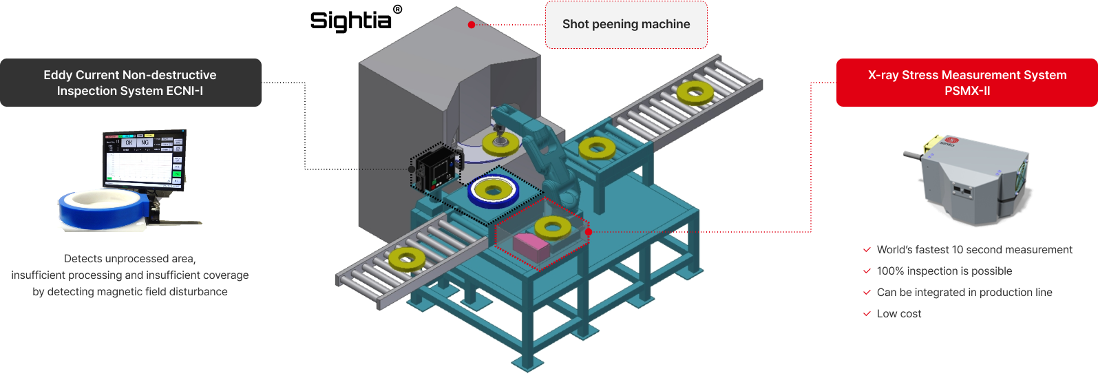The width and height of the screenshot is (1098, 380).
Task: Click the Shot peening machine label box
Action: click(x=626, y=25)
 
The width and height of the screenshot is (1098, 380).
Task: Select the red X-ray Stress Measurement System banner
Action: click(x=967, y=83)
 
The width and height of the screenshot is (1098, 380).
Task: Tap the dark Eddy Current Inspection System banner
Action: click(x=130, y=83)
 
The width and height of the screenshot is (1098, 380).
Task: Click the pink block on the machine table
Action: click(x=530, y=245)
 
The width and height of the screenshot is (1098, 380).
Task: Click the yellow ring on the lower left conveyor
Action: click(x=407, y=259)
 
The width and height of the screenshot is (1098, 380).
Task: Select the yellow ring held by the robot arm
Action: click(x=500, y=142)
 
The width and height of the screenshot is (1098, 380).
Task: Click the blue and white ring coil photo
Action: click(x=103, y=208)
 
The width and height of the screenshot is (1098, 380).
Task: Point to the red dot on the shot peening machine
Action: click(x=471, y=25)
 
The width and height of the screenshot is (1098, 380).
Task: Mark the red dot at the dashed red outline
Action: click(x=589, y=232)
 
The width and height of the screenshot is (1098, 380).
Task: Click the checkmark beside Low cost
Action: click(x=867, y=314)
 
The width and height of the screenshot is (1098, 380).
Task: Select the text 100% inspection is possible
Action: click(x=944, y=271)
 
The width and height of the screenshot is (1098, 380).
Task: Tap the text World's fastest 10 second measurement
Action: click(x=974, y=250)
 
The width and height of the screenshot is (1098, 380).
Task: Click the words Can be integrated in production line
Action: click(x=964, y=293)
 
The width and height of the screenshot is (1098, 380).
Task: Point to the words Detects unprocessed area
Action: click(x=130, y=259)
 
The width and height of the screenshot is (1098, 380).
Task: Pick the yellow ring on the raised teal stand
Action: click(x=597, y=147)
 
